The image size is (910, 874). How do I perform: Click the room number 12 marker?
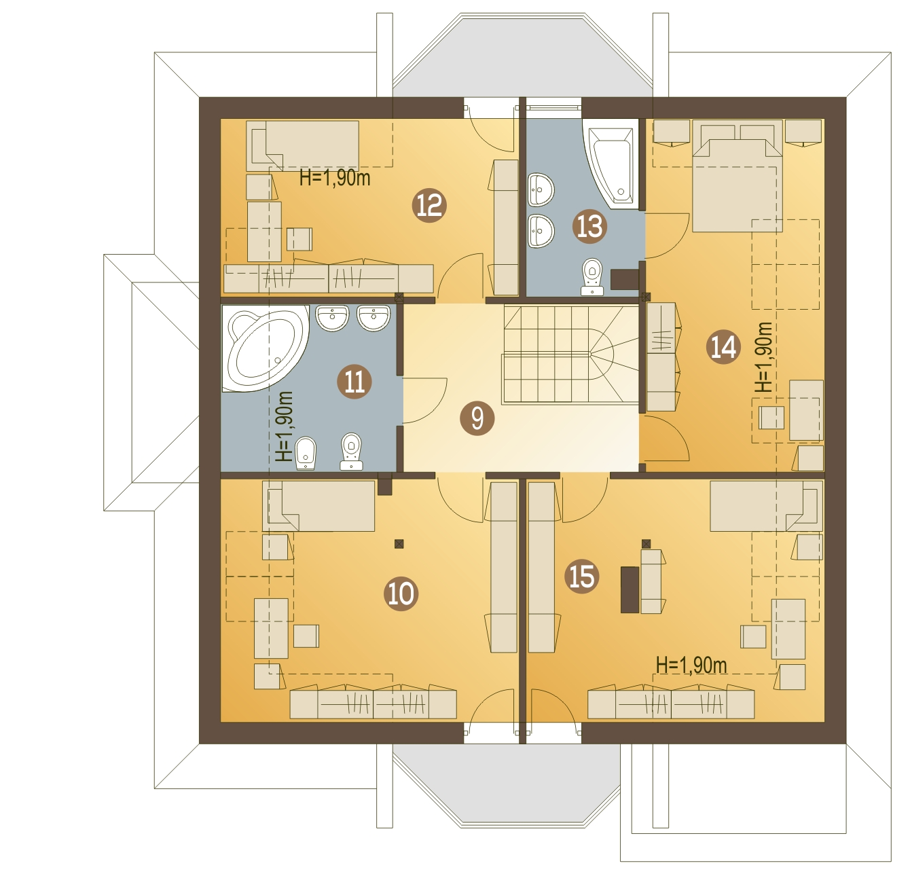429,205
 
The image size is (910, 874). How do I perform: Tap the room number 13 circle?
589,226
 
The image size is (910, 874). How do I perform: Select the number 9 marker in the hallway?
477,418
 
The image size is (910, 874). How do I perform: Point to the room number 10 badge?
401,594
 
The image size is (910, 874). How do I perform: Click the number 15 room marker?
582,577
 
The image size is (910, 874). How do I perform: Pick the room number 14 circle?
723,347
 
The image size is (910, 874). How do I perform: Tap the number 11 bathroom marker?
354,382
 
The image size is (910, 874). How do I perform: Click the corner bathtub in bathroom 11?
265,348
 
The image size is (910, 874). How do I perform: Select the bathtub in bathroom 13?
611,164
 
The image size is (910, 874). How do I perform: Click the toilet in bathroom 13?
592,277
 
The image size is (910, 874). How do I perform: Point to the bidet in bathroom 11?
306,453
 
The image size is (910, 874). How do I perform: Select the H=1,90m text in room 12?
335,178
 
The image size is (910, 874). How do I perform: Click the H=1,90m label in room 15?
691,665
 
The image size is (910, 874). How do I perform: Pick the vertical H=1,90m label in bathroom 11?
285,426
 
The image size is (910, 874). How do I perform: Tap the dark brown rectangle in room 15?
630,589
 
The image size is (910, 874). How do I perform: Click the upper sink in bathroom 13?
541,190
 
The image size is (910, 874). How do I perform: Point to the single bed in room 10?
318,506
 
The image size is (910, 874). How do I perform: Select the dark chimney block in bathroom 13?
625,280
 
